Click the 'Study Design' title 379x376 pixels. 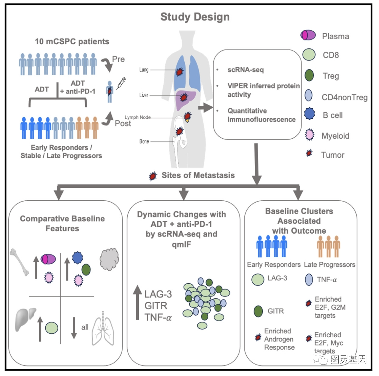(195, 17)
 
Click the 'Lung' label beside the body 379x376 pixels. (144, 70)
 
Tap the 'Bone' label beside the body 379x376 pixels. (144, 142)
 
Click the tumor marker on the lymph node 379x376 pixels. (187, 116)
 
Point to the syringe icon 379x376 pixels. (120, 83)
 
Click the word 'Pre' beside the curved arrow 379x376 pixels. (118, 59)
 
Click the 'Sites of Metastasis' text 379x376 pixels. (198, 175)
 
